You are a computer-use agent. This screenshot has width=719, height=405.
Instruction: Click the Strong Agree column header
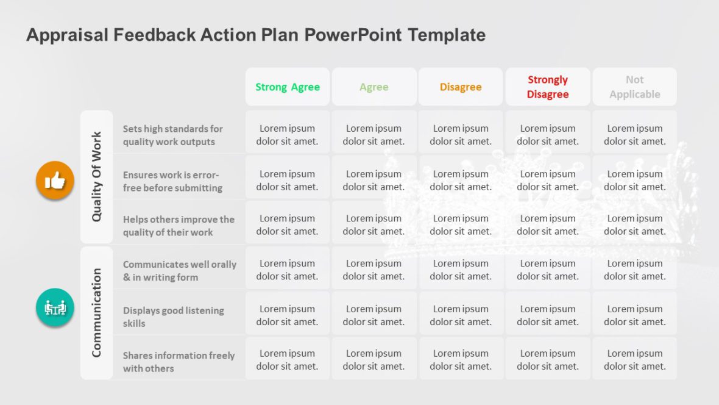pos(288,87)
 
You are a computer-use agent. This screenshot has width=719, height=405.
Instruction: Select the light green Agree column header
pos(374,87)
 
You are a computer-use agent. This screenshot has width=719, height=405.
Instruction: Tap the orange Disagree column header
pos(461,87)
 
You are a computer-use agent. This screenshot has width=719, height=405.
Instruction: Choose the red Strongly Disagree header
pos(548,87)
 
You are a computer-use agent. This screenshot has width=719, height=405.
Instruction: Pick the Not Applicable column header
pos(634,87)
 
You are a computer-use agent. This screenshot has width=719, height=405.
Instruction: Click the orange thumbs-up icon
pos(55,180)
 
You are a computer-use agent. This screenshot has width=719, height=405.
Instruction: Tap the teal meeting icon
pos(55,307)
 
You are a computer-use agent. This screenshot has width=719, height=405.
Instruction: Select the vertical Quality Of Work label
pos(96,177)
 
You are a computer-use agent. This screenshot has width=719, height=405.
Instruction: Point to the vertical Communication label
pos(96,313)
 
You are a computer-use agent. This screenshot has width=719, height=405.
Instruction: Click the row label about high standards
pos(173,135)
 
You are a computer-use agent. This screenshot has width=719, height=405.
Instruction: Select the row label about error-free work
pos(172,181)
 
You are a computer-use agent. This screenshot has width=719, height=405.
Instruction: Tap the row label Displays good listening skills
pos(174,317)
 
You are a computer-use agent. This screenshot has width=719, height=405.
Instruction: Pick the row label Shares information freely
pos(179,362)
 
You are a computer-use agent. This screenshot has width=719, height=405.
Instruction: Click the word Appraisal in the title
pos(67,35)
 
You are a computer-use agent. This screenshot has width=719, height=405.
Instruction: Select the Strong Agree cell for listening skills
pos(288,315)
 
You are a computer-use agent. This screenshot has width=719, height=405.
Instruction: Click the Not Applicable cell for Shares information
pos(634,360)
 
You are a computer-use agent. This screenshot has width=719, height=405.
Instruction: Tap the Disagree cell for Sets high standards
pos(461,135)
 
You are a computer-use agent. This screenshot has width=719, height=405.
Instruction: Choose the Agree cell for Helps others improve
pos(374,224)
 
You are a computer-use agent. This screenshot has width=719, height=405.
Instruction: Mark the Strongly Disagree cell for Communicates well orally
pos(548,270)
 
